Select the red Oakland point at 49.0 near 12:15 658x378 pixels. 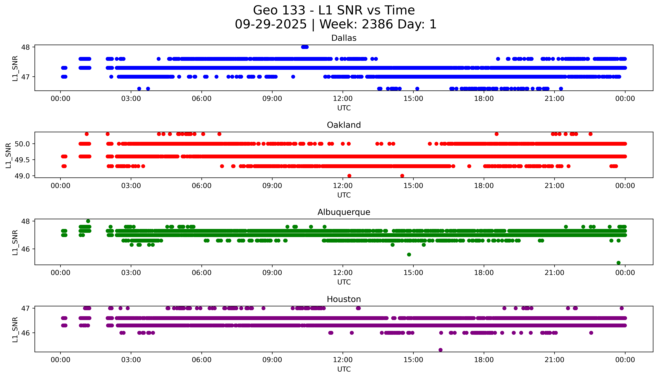(x=349, y=176)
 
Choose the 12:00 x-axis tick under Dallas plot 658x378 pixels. (x=343, y=99)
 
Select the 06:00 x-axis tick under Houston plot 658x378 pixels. (x=201, y=360)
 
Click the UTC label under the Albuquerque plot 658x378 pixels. (x=344, y=282)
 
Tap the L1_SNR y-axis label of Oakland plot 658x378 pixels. (x=8, y=155)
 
